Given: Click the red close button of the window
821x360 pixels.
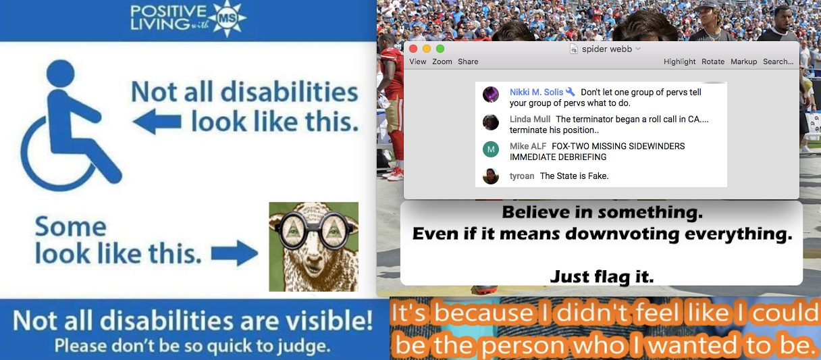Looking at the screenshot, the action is [x=413, y=49].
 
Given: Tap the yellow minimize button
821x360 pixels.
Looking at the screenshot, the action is [x=427, y=49].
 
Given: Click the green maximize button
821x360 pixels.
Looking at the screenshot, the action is [x=440, y=49].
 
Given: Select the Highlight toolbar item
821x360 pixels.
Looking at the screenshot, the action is [x=679, y=61].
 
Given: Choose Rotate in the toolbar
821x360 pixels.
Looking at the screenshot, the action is [x=713, y=61].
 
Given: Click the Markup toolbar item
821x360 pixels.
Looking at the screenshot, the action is [x=743, y=61].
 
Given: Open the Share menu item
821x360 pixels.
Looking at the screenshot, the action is [x=468, y=61].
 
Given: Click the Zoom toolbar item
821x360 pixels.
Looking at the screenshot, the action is [x=442, y=61].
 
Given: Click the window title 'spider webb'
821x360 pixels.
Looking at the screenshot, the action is [x=607, y=49].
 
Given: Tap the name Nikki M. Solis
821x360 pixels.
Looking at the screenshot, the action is [x=536, y=92].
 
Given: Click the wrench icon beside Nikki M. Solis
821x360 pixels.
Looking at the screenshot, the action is [x=571, y=92].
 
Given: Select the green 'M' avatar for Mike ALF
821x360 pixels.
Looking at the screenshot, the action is [x=491, y=149].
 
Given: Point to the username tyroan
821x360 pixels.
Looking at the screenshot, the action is [x=522, y=176].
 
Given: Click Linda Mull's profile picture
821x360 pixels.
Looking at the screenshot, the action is [x=491, y=122].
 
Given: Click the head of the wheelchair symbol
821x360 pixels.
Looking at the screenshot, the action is [x=61, y=74].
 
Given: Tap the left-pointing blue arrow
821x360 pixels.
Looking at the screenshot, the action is [x=157, y=122].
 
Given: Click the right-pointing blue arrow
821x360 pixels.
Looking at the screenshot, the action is [x=234, y=253].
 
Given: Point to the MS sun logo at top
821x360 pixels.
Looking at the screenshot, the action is [x=228, y=18].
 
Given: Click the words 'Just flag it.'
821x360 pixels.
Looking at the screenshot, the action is [x=602, y=277].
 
